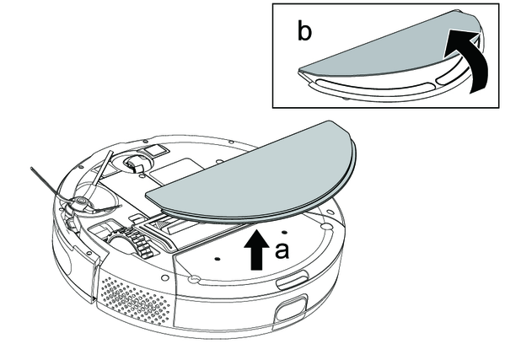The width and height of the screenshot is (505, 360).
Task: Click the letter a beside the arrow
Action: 282,251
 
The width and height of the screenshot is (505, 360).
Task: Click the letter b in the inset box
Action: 304,32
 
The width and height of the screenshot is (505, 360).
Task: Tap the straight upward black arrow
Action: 256,250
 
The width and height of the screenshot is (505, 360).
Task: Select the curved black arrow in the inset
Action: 467,58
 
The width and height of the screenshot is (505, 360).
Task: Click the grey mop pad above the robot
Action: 251,174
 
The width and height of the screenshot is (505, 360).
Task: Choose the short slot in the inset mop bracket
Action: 449,78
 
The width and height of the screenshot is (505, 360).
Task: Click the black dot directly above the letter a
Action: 284,232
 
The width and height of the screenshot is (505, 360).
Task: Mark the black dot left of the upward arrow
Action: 217,258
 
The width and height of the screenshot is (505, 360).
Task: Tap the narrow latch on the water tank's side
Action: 292,279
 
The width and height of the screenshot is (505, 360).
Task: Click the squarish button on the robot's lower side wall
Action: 290,308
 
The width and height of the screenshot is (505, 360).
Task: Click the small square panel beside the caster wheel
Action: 156,150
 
